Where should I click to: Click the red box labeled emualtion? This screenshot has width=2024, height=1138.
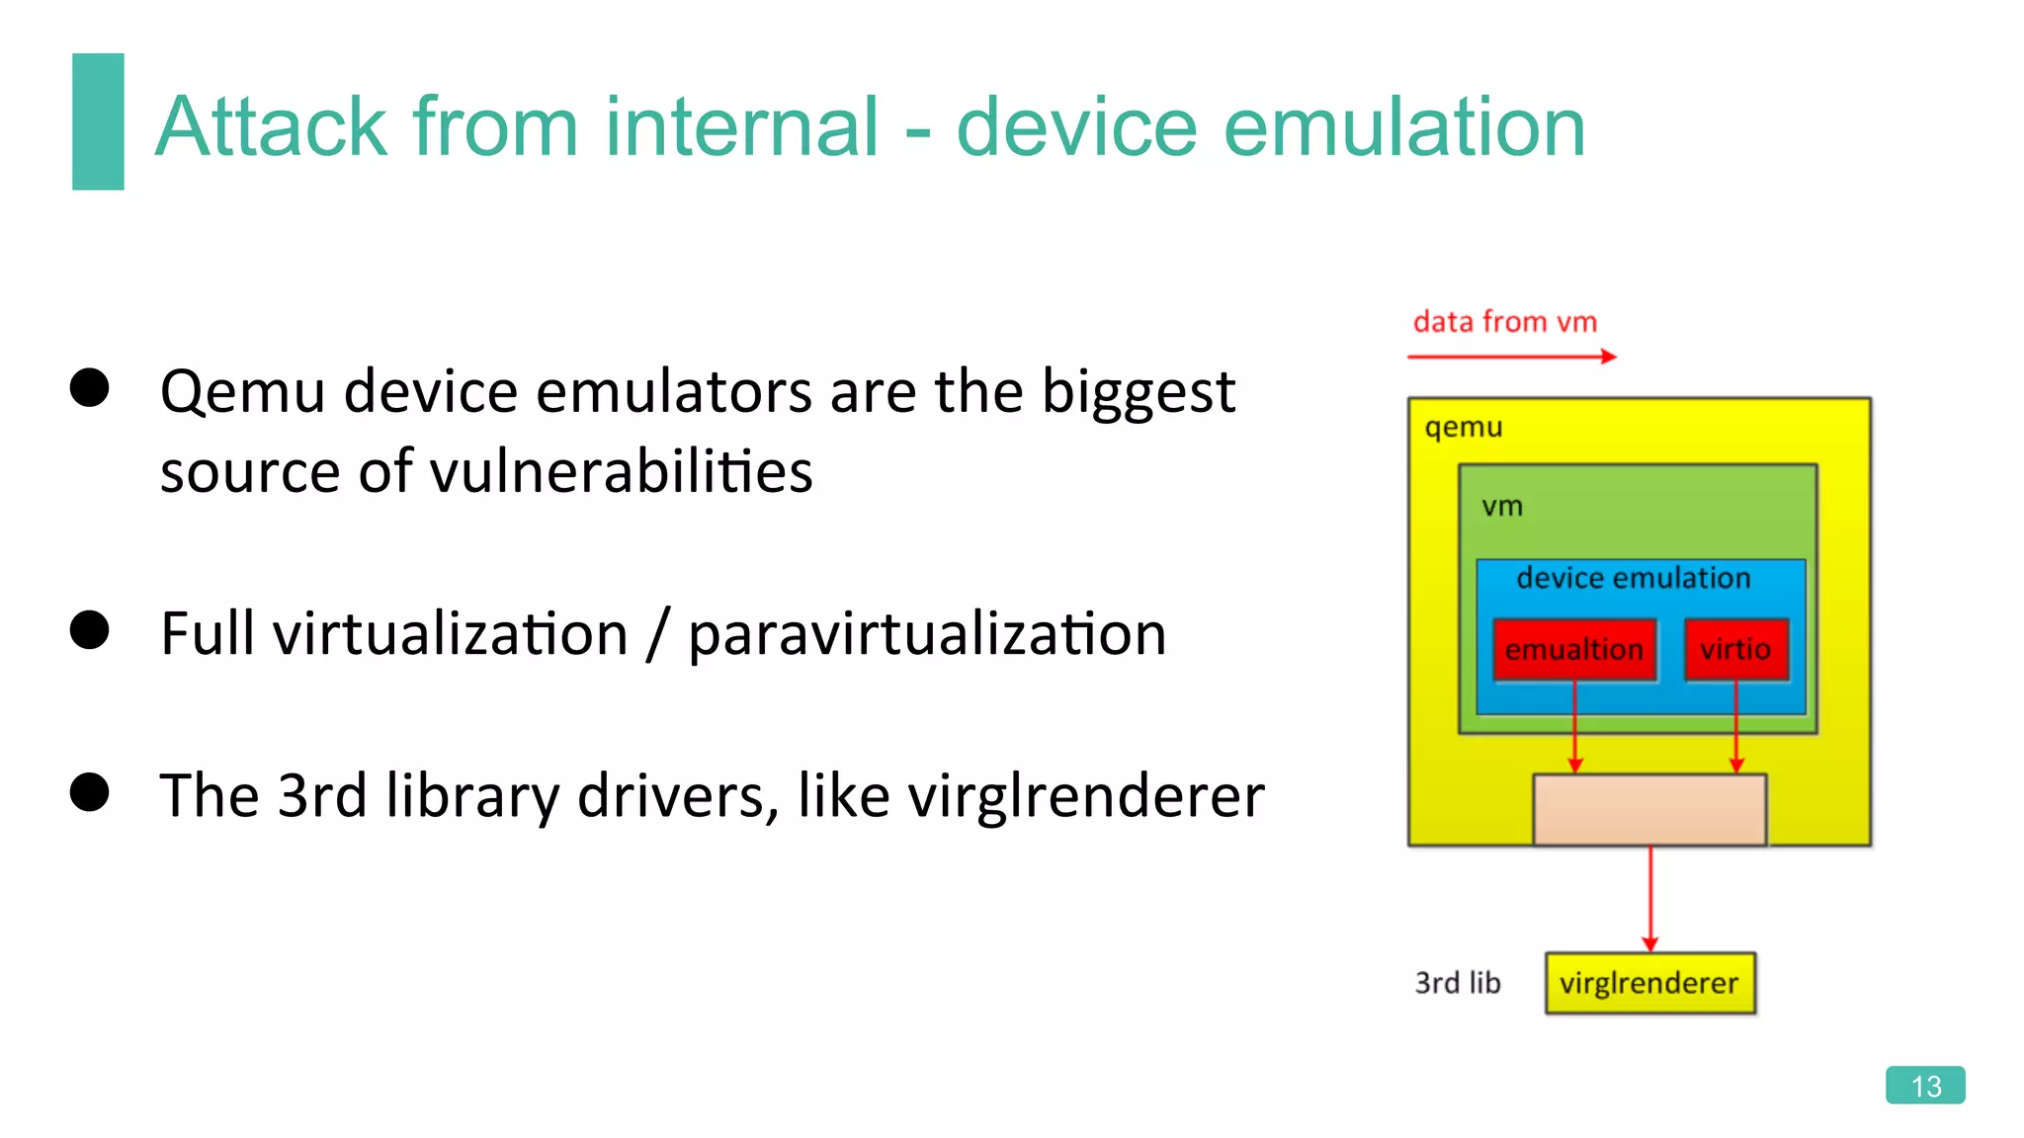click(x=1574, y=649)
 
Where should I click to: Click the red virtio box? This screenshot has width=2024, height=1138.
click(x=1735, y=649)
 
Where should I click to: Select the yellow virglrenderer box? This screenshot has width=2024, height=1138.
click(x=1649, y=983)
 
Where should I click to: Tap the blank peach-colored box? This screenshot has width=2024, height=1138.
click(x=1649, y=810)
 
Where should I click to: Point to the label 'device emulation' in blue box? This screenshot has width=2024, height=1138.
click(x=1633, y=578)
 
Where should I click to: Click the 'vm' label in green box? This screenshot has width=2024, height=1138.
click(x=1501, y=507)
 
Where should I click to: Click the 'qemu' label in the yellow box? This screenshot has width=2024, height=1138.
click(x=1463, y=427)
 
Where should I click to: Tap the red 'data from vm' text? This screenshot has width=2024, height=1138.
click(x=1504, y=322)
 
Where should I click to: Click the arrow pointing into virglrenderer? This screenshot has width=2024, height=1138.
click(x=1649, y=899)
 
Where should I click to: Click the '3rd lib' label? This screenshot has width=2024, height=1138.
click(x=1457, y=983)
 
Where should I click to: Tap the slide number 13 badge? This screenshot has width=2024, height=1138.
click(x=1924, y=1085)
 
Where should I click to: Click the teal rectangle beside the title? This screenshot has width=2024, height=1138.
click(x=98, y=122)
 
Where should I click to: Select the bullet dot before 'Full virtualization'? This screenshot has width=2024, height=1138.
click(x=90, y=630)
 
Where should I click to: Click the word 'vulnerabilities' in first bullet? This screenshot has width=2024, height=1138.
click(x=621, y=471)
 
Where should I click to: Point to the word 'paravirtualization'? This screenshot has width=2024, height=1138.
click(x=926, y=634)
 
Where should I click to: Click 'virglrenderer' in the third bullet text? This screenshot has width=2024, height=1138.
click(x=1085, y=796)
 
